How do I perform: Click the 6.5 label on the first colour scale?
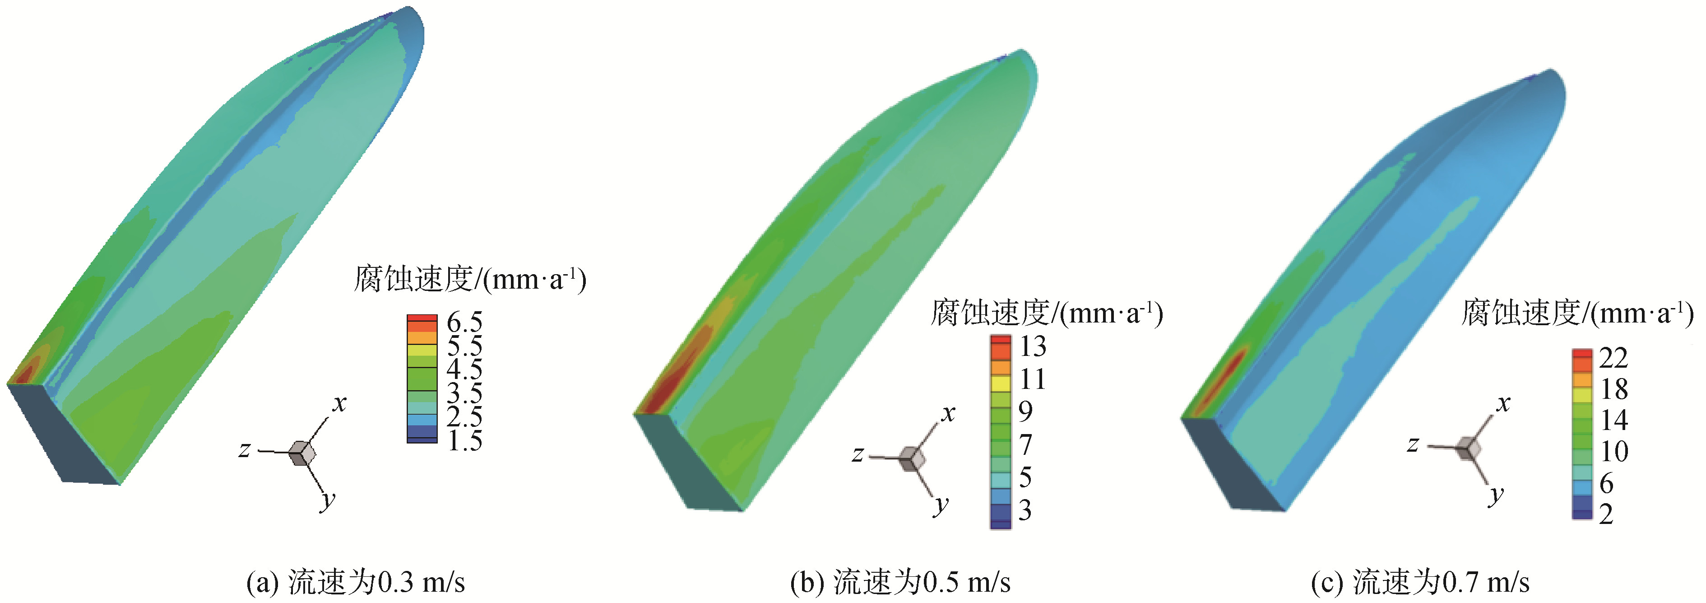coord(465,322)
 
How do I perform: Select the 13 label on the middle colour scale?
coord(1033,346)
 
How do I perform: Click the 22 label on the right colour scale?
coord(1613,359)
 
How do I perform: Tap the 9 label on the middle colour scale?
coord(1025,411)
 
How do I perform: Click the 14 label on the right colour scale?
coord(1614,420)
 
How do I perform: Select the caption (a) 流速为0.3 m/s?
coord(356,583)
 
